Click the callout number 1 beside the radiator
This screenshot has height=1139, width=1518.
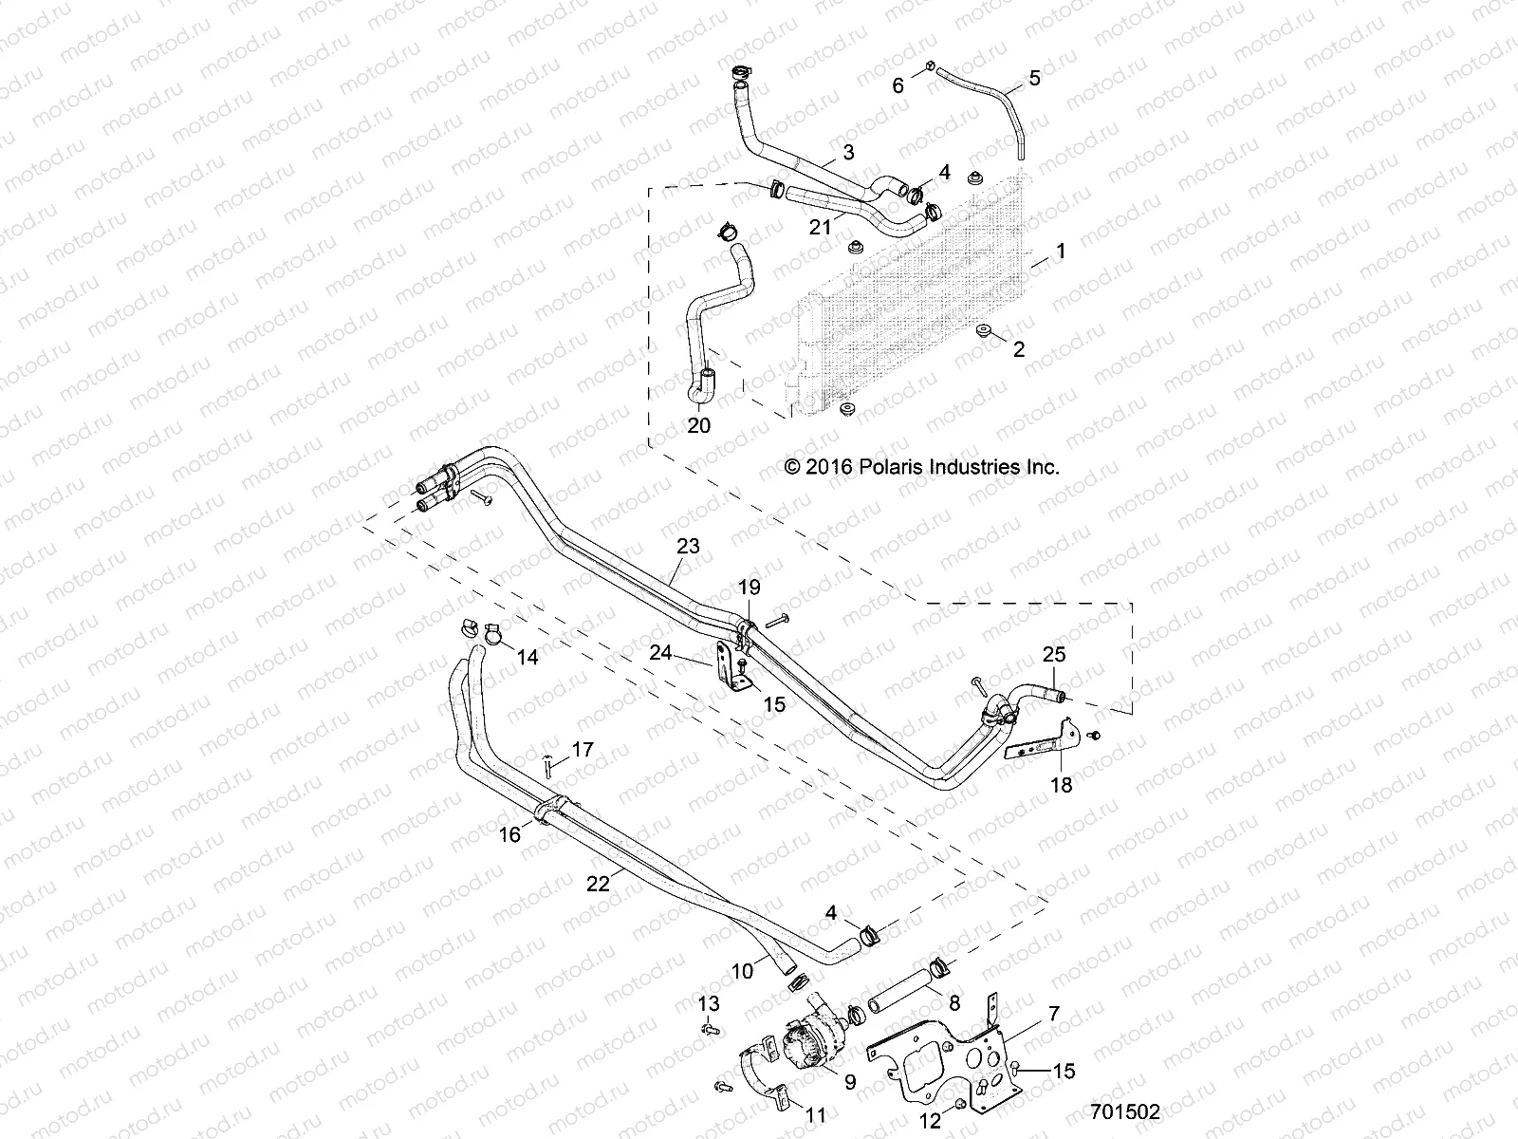coord(1061,252)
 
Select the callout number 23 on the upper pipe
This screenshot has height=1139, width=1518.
coord(688,546)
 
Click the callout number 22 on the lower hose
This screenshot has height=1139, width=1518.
coord(598,883)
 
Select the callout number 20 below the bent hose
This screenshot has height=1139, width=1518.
coord(698,426)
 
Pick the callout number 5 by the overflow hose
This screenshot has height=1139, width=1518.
coord(1034,78)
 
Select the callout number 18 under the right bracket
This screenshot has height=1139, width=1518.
coord(1062,785)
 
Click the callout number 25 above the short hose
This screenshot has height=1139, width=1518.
coord(1054,654)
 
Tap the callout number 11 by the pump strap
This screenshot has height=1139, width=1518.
coord(816,1115)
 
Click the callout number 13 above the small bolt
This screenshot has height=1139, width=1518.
coord(709,1004)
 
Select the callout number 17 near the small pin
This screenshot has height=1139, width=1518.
coord(583,750)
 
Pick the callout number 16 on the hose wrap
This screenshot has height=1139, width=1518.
coord(509,834)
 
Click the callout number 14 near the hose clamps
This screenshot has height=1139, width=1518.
coord(527,657)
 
